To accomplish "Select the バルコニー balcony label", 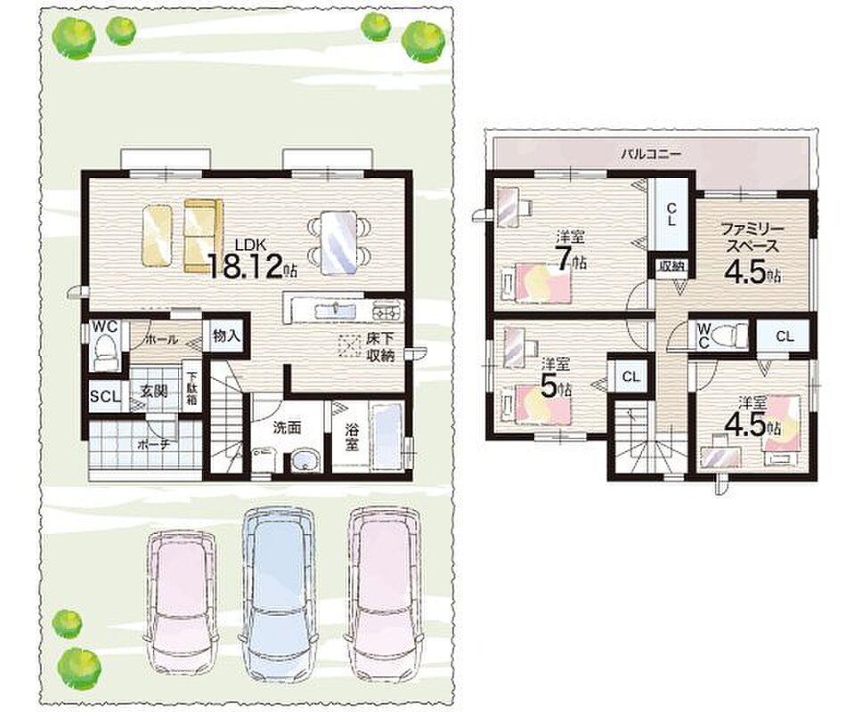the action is pyautogui.click(x=651, y=154).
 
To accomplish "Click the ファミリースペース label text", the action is pyautogui.click(x=751, y=238).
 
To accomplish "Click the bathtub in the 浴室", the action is pyautogui.click(x=387, y=436).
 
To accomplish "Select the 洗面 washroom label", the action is pyautogui.click(x=287, y=427).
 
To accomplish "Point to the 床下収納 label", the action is pyautogui.click(x=380, y=346).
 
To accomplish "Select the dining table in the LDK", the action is pyautogui.click(x=339, y=241).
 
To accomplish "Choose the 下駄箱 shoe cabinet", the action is pyautogui.click(x=191, y=390).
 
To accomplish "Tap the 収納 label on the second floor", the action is pyautogui.click(x=671, y=267).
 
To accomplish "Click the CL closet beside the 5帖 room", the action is pyautogui.click(x=631, y=376).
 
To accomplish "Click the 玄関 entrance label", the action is pyautogui.click(x=154, y=392).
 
